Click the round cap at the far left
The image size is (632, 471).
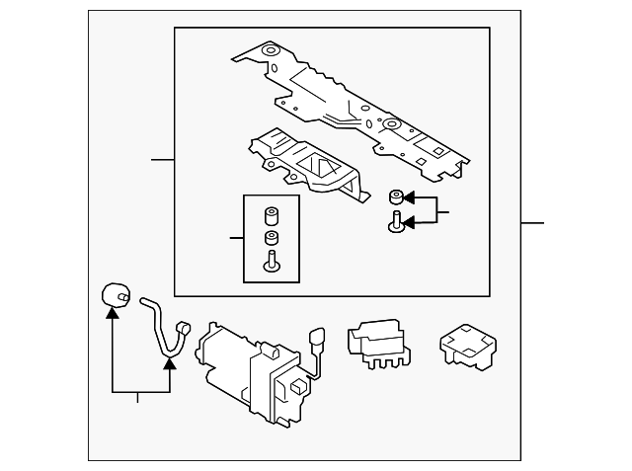(115, 293)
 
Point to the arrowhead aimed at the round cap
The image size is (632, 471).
(114, 313)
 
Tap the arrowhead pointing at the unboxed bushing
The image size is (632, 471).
(408, 197)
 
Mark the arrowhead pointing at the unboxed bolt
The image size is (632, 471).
(408, 224)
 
